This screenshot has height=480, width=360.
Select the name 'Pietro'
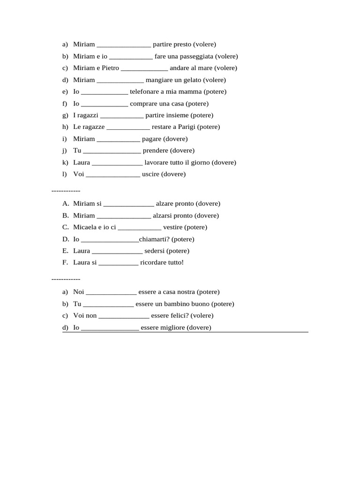(110, 68)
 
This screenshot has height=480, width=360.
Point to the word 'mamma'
(190, 92)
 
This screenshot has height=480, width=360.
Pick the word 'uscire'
(150, 174)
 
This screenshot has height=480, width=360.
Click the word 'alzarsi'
(163, 216)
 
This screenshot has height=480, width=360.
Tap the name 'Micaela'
(85, 227)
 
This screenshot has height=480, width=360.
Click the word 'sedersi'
(155, 251)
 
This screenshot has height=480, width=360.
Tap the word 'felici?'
(178, 315)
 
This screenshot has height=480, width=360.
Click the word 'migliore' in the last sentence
(173, 328)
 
